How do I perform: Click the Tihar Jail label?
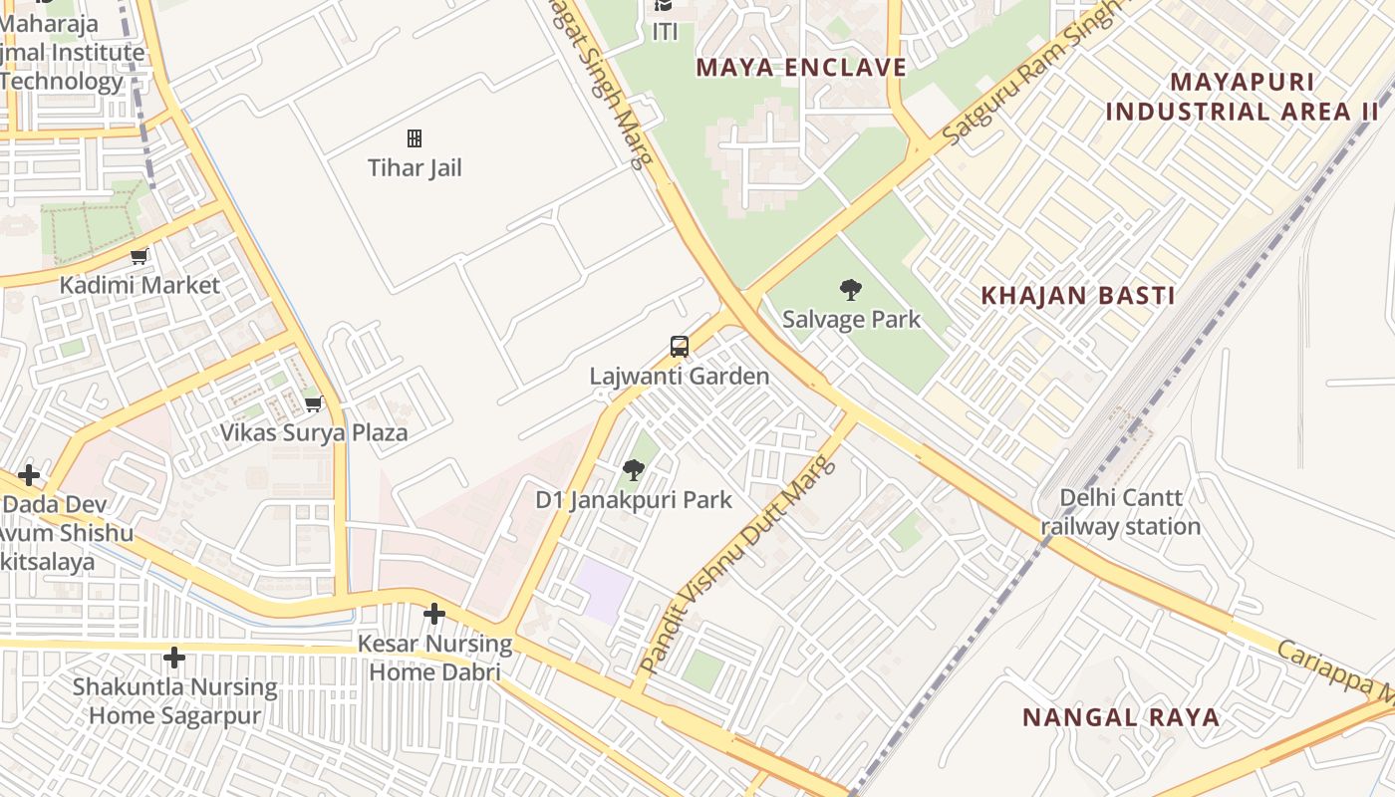point(415,167)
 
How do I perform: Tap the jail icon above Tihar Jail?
point(415,138)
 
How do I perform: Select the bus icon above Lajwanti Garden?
point(680,347)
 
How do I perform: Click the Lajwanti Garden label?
point(680,377)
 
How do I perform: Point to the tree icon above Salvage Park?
point(850,290)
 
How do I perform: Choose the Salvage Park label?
point(851,320)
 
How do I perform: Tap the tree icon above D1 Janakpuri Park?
point(633,470)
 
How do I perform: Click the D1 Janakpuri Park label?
point(634,500)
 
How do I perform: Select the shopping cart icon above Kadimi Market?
point(139,256)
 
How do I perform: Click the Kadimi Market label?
point(139,285)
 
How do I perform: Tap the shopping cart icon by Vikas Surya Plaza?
point(314,403)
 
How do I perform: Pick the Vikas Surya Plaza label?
point(314,432)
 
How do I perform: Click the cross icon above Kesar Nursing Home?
point(434,614)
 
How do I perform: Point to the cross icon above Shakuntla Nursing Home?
point(174,658)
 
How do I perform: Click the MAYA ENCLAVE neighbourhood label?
point(801,68)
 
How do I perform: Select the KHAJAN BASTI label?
point(1078,296)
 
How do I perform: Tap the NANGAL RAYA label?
point(1121,717)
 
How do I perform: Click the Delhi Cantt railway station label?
point(1121,512)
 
